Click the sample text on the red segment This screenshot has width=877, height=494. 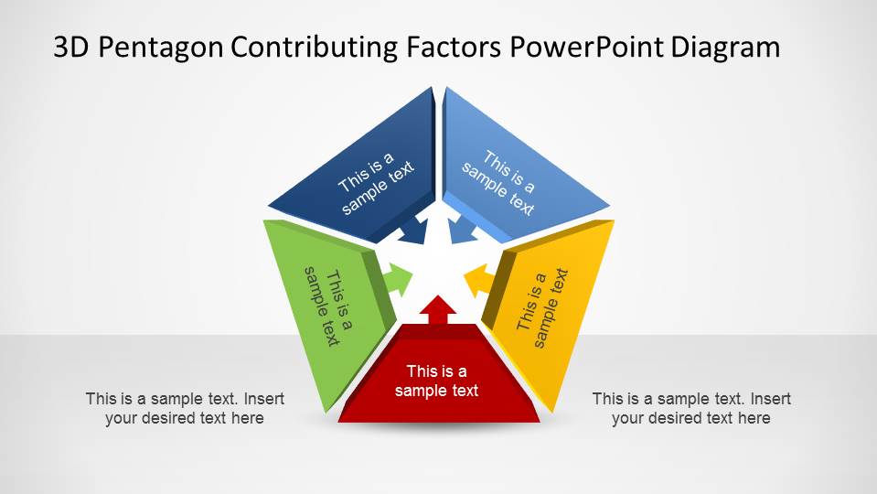pyautogui.click(x=436, y=381)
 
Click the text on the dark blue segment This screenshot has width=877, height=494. pyautogui.click(x=375, y=183)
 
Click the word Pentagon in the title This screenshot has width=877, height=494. pyautogui.click(x=161, y=48)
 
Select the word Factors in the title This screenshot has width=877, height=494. pyautogui.click(x=454, y=47)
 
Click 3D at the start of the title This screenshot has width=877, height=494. pyautogui.click(x=71, y=47)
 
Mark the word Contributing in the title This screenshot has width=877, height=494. pyautogui.click(x=315, y=48)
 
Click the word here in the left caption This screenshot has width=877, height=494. pyautogui.click(x=247, y=418)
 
